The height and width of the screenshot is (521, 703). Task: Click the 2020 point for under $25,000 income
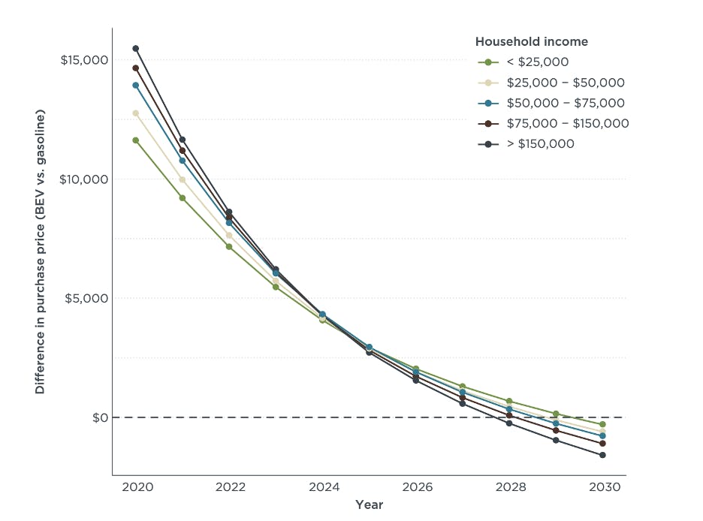(x=136, y=140)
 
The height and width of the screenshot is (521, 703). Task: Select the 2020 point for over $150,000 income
(x=136, y=49)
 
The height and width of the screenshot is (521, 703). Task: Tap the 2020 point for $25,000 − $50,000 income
(x=136, y=113)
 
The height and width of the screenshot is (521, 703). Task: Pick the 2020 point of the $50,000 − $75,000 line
(x=136, y=86)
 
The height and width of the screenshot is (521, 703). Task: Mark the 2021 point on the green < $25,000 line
(x=183, y=197)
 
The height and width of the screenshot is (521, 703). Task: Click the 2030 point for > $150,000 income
(x=602, y=455)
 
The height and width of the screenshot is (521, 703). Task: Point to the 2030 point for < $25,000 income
(x=602, y=424)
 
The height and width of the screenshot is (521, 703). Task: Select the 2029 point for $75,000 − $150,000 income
(x=556, y=430)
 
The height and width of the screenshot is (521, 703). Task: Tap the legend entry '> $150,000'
(x=540, y=143)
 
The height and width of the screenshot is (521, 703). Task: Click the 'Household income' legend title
(x=532, y=42)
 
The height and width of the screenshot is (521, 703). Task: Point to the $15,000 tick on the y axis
(x=84, y=60)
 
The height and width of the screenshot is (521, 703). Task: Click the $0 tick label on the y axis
(x=100, y=417)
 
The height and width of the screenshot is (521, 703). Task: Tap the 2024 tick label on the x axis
(x=323, y=486)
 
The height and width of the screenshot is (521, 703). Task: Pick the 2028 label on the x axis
(x=509, y=486)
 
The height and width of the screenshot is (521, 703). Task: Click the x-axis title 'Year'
(x=370, y=505)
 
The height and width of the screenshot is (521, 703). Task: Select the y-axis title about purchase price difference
(x=41, y=252)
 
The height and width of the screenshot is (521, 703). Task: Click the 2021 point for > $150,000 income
(x=183, y=140)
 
